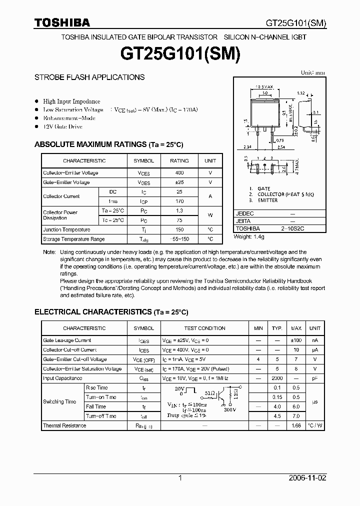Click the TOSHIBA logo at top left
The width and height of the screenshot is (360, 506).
tap(62, 22)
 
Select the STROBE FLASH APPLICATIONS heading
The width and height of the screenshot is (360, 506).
tap(89, 77)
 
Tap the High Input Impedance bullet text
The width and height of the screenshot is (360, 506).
tap(71, 101)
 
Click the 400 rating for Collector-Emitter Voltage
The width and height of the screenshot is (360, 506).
tap(179, 173)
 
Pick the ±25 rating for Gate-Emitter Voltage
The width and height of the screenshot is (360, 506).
tap(179, 182)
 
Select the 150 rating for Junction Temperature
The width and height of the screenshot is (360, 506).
tap(179, 230)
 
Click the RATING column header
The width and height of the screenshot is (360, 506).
tap(179, 161)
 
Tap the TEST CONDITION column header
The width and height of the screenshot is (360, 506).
tap(204, 328)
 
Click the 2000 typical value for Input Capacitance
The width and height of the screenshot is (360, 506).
tap(277, 378)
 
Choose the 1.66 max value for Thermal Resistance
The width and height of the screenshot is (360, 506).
tap(296, 425)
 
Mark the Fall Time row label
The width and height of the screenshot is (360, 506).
tap(96, 406)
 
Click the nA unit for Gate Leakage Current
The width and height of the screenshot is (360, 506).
tap(314, 340)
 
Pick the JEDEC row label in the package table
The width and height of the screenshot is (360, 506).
tap(245, 213)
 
